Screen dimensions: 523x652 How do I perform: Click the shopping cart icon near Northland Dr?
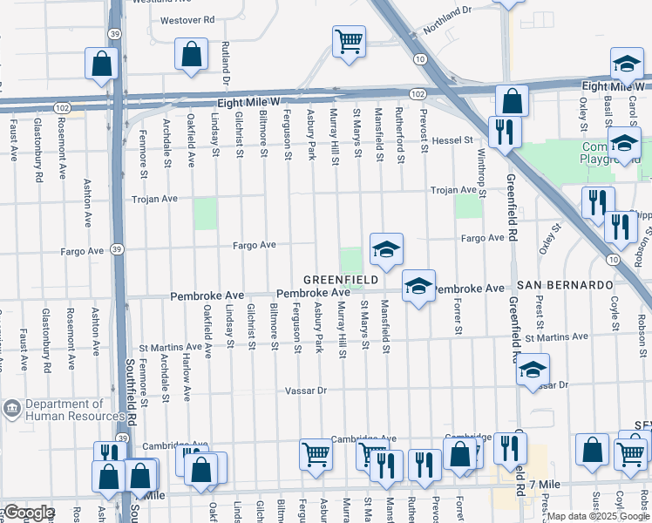click(x=349, y=40)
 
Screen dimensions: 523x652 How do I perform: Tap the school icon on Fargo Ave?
click(x=385, y=249)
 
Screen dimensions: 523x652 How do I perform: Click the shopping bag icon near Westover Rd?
click(x=191, y=54)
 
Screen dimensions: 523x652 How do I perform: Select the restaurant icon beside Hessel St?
click(x=504, y=132)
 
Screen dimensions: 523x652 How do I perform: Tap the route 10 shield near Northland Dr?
click(x=420, y=58)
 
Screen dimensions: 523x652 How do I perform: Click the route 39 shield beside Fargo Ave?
click(x=117, y=249)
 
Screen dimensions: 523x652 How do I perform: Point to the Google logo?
click(x=29, y=513)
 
